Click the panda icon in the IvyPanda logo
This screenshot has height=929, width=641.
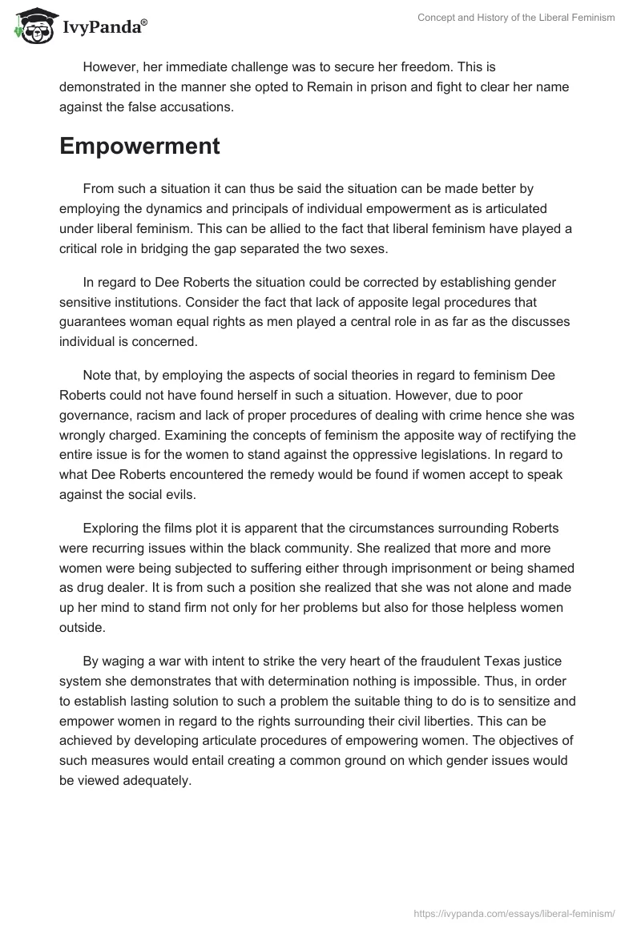[33, 26]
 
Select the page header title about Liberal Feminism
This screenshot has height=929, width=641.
[516, 18]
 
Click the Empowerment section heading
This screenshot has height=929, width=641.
[139, 146]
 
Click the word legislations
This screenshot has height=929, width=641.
[469, 456]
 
